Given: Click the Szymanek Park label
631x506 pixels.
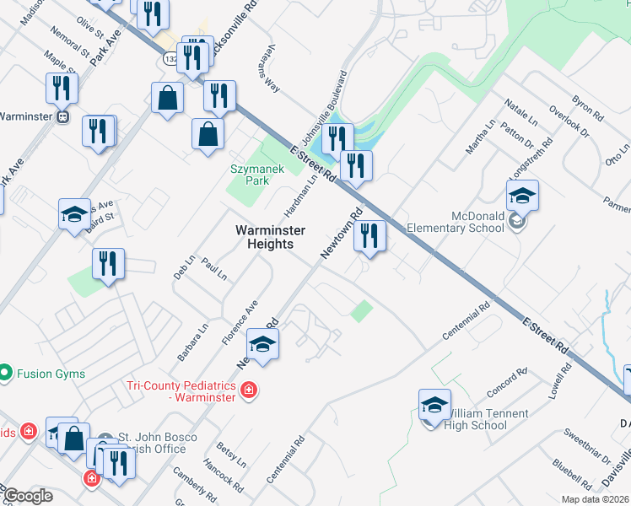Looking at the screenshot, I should click(x=253, y=174).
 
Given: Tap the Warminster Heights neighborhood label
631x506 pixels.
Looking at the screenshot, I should click(x=264, y=237).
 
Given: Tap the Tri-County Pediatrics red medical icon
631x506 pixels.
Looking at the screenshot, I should click(x=249, y=390).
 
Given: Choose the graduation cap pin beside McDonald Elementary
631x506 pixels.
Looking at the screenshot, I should click(x=522, y=197).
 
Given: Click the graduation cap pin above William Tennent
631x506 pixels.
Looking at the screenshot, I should click(x=434, y=406).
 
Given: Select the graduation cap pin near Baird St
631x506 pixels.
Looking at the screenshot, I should click(x=73, y=215).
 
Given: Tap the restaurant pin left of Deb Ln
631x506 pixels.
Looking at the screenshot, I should click(x=109, y=264).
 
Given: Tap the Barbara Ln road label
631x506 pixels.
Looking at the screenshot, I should click(x=192, y=342).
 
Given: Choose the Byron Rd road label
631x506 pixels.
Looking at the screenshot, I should click(x=588, y=104).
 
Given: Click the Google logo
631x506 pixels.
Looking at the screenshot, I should click(x=29, y=496).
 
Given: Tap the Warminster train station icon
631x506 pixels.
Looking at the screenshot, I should click(x=62, y=117).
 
